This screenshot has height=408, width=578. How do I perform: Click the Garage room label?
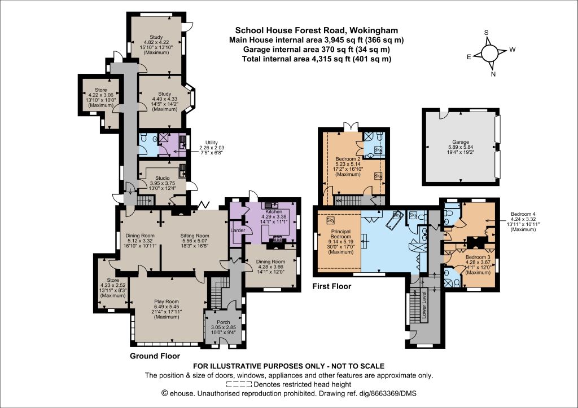[x=461, y=142]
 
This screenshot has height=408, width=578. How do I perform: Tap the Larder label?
[x=238, y=230]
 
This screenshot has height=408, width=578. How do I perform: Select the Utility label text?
[x=212, y=143]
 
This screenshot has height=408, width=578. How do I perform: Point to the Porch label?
[x=224, y=322]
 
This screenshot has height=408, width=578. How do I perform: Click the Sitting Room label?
[x=195, y=236]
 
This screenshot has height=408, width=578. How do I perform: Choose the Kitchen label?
[x=274, y=211]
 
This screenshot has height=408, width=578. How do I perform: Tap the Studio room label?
[x=162, y=178]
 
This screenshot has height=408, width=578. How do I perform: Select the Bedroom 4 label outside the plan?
[x=523, y=214]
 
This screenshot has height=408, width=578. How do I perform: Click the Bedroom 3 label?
[x=478, y=257]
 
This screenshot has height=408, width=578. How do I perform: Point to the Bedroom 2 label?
[x=348, y=159]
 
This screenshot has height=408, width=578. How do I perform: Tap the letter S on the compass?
[x=486, y=33]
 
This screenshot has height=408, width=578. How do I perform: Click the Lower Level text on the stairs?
[x=424, y=305]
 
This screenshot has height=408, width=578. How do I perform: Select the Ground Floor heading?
[x=155, y=356]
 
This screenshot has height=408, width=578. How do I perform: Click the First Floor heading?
[x=332, y=286]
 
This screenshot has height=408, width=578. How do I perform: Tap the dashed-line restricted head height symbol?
[x=239, y=384]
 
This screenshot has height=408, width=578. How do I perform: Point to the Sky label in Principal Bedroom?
[x=330, y=220]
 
